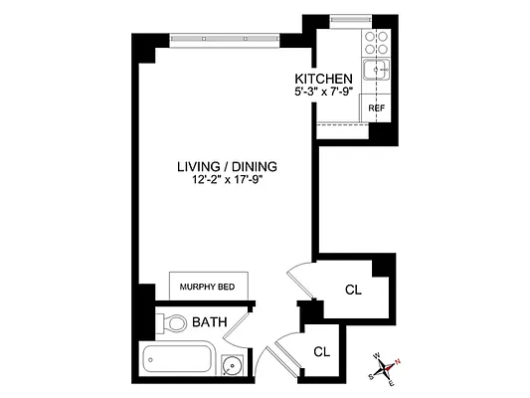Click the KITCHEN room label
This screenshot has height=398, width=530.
(x=323, y=79)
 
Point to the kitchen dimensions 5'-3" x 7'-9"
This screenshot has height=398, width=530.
(x=323, y=93)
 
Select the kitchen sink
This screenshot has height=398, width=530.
(x=375, y=71)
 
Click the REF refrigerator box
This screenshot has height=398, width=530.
(x=376, y=108)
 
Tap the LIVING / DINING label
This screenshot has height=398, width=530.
(x=227, y=166)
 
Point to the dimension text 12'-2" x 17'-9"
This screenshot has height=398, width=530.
(x=227, y=180)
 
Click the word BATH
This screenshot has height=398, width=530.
(x=209, y=322)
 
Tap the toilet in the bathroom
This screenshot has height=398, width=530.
(x=173, y=322)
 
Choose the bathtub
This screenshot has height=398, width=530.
(x=179, y=359)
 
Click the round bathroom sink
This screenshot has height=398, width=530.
(x=232, y=364)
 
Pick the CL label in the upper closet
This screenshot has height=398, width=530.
(x=353, y=291)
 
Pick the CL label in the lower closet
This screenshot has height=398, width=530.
(x=321, y=351)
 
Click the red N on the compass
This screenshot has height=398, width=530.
(x=399, y=361)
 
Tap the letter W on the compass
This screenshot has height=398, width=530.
(x=377, y=355)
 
